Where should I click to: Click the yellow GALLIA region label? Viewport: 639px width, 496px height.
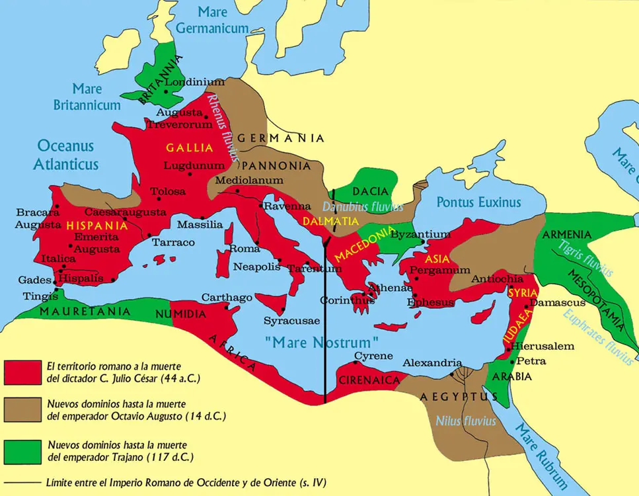pos(190,147)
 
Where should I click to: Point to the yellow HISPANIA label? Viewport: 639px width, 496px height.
pos(96,226)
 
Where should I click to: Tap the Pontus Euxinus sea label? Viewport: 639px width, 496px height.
pos(478,203)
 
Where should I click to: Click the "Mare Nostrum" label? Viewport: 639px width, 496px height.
pos(320,343)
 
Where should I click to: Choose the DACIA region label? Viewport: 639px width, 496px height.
pos(370,191)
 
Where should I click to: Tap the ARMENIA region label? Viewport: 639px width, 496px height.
pos(566,235)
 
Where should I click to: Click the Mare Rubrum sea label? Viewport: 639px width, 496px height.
pos(540,457)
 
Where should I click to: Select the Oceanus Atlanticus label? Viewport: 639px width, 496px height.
pos(66,155)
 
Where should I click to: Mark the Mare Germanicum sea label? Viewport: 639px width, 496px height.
pos(213,20)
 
